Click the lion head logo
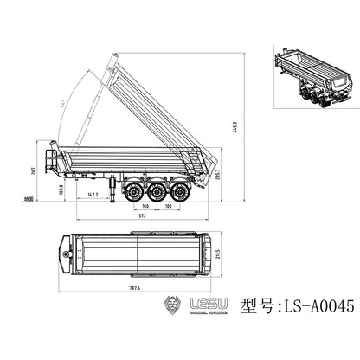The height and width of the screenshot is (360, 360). click(x=174, y=307)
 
